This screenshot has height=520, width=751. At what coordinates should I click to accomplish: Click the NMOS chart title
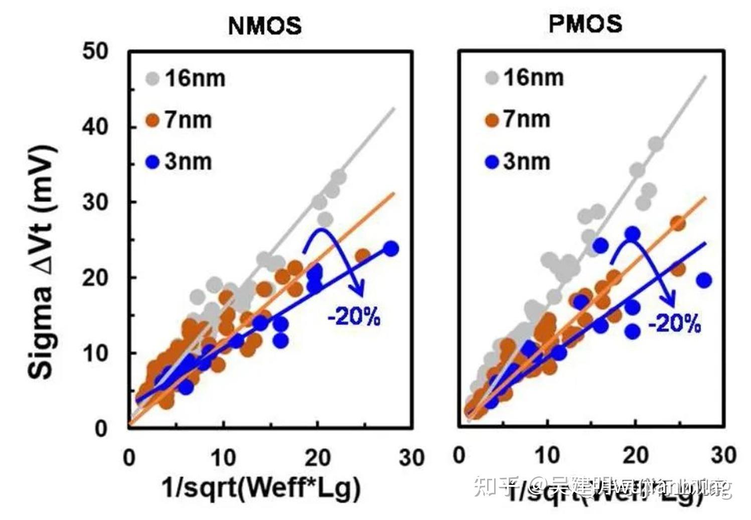point(265,26)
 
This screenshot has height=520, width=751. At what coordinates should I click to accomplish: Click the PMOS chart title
point(585,24)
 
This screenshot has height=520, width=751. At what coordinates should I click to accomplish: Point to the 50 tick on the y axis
point(95,51)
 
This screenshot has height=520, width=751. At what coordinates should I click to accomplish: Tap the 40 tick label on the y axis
point(95,126)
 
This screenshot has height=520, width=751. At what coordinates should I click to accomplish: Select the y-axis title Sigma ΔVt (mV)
point(41,262)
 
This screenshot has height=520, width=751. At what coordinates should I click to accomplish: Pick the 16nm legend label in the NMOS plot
point(195,78)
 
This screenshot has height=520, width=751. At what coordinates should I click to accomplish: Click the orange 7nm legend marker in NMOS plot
point(152,120)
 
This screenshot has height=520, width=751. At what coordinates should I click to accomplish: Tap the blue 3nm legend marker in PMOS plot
point(492,162)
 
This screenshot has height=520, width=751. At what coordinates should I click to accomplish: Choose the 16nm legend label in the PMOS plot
point(534,78)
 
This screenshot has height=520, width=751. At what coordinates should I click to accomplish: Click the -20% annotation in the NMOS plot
point(354,317)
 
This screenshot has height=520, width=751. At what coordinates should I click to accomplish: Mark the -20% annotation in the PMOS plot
point(674,324)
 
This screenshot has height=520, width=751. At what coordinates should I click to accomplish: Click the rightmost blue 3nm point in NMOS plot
point(391,248)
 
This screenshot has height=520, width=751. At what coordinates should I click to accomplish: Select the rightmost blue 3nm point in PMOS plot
point(704,281)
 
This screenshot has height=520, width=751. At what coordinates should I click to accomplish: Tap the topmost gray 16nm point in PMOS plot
point(656,145)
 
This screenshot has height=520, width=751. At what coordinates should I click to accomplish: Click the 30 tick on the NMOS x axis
point(411,458)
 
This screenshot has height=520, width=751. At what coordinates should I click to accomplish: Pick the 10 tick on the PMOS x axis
point(547,456)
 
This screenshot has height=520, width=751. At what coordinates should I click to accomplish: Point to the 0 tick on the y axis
point(101,429)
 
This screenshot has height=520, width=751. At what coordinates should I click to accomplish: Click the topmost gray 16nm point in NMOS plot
point(339,177)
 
